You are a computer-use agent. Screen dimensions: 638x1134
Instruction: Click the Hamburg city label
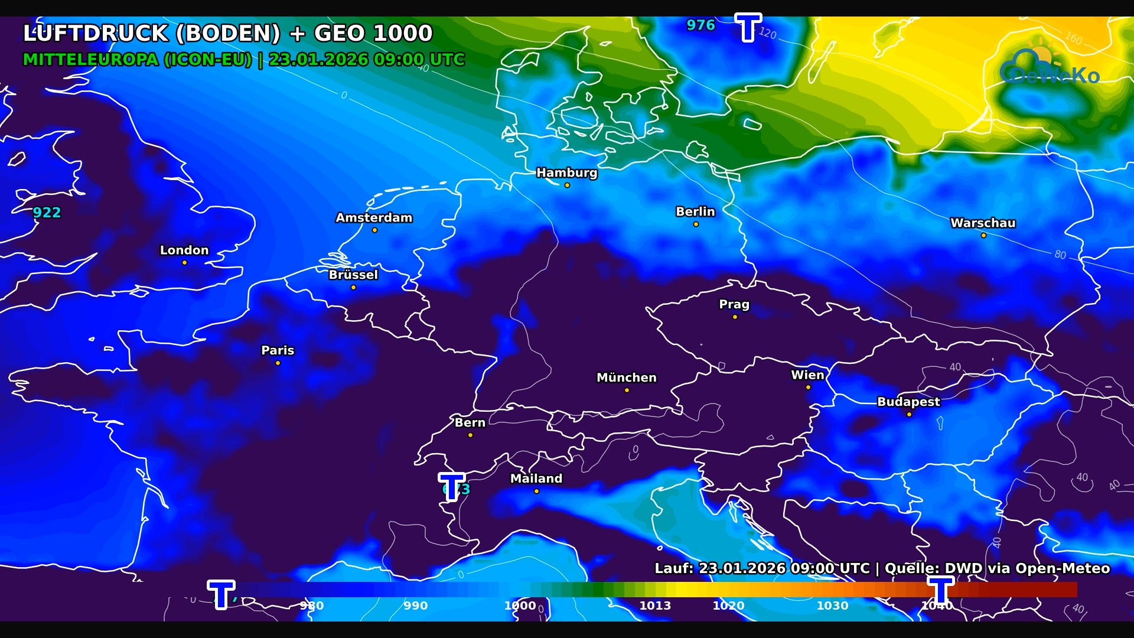[566, 172]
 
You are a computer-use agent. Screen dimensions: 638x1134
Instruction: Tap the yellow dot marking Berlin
[696, 224]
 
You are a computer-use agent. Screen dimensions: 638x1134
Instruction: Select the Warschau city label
[983, 223]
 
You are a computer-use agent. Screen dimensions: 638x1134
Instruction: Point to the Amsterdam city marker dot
[374, 230]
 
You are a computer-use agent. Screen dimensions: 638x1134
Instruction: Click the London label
[184, 250]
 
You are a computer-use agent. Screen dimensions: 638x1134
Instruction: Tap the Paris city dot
[278, 363]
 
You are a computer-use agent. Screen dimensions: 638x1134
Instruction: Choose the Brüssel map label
[353, 275]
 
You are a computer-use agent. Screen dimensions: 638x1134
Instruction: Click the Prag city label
[734, 304]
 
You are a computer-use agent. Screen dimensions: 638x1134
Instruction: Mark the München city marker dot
[627, 390]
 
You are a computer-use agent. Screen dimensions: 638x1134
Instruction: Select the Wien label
[807, 375]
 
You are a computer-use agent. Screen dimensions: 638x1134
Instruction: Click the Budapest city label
[908, 402]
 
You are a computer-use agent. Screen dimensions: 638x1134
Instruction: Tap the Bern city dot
[470, 435]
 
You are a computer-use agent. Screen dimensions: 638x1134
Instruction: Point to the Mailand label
[536, 479]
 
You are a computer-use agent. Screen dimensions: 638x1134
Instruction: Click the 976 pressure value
[700, 25]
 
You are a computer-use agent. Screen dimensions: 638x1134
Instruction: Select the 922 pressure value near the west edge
[47, 213]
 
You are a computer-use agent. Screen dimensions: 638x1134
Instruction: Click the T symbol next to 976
[748, 27]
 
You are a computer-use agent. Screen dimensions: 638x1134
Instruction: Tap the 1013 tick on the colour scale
[655, 606]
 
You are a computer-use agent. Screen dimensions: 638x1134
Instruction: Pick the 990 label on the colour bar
[415, 606]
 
